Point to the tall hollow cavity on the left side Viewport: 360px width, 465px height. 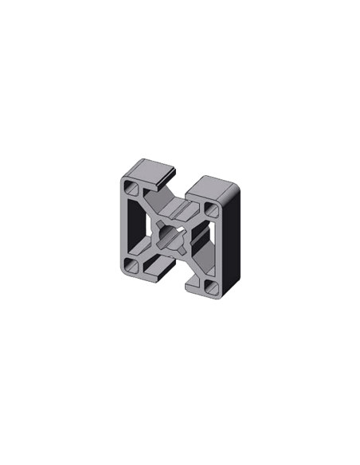[137, 229]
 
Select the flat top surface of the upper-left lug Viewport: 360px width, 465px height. [150, 168]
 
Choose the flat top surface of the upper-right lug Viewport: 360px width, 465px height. [219, 186]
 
